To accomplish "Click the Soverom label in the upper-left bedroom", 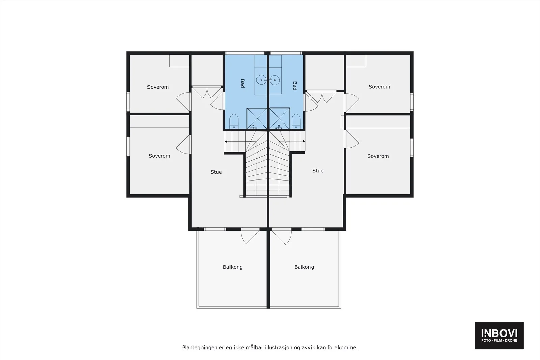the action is [x=158, y=87].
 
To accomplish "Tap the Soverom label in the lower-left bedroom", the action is [x=159, y=156].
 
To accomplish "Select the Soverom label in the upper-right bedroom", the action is [x=379, y=87].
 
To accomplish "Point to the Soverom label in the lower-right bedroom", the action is [x=378, y=156].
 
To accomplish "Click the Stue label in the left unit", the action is [x=216, y=172].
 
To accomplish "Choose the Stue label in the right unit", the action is [x=318, y=171].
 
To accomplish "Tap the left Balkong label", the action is [x=233, y=267].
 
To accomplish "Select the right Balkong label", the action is [x=304, y=267].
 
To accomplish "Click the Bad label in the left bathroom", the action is [x=243, y=83].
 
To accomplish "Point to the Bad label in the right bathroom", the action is [x=295, y=86].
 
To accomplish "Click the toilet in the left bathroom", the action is [x=234, y=121].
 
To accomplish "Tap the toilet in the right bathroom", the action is [x=296, y=121].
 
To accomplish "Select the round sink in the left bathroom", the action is [x=261, y=80].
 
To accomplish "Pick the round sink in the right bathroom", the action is [x=275, y=80].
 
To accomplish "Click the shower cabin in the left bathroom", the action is [x=257, y=118].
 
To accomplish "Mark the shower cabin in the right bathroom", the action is [x=279, y=118].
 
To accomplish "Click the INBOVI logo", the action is [x=499, y=335].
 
